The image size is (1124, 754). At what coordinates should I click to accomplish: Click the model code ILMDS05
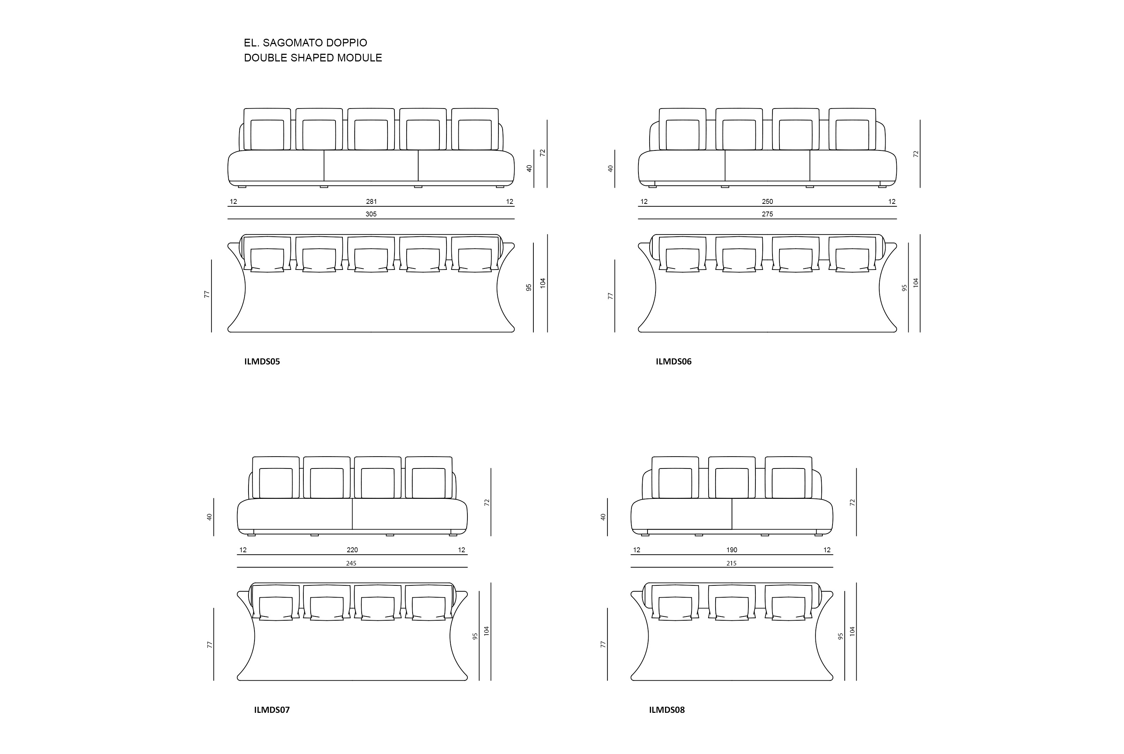tap(262, 362)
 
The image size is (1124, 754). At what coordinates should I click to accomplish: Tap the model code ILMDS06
tap(674, 362)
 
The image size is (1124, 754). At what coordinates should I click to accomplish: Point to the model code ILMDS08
tap(667, 710)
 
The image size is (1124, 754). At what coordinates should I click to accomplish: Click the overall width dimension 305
tap(371, 214)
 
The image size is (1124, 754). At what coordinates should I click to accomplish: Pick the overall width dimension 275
tap(767, 214)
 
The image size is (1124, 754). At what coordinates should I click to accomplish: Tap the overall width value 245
tap(352, 563)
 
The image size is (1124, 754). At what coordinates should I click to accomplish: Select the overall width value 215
tap(731, 563)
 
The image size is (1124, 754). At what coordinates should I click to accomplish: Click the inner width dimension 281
tap(371, 201)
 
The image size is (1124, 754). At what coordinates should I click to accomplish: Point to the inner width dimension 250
tap(767, 201)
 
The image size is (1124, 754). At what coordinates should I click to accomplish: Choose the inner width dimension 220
tap(353, 550)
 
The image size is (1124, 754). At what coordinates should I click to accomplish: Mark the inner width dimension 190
tap(732, 550)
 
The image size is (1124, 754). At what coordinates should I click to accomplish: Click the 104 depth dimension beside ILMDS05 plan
tap(543, 283)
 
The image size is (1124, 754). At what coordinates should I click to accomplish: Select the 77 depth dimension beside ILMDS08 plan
tap(603, 644)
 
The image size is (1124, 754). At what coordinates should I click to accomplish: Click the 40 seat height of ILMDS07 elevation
tap(209, 517)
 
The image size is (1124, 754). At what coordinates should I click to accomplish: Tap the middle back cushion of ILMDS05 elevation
tap(371, 129)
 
